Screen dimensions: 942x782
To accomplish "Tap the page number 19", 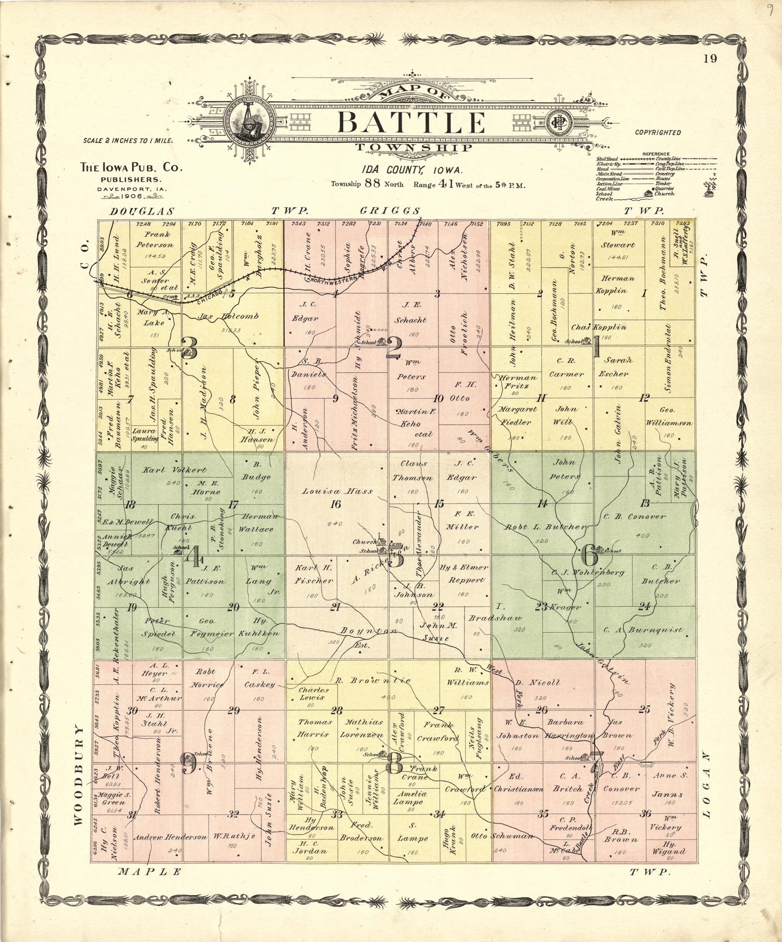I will pyautogui.click(x=710, y=59).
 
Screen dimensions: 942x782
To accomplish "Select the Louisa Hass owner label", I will pyautogui.click(x=337, y=491).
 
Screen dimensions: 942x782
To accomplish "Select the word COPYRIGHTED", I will pyautogui.click(x=658, y=132).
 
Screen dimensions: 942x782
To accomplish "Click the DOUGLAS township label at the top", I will pyautogui.click(x=142, y=211).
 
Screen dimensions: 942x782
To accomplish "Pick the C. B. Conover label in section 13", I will pyautogui.click(x=634, y=516).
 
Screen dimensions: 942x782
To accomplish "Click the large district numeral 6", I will pyautogui.click(x=589, y=556).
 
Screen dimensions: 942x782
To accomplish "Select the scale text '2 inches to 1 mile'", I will pyautogui.click(x=128, y=140).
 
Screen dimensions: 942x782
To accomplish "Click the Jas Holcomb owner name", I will pyautogui.click(x=228, y=316).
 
